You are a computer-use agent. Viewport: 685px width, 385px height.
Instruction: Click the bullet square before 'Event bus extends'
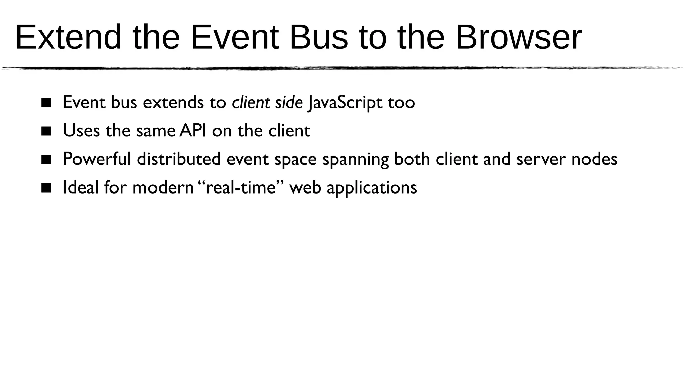(x=46, y=103)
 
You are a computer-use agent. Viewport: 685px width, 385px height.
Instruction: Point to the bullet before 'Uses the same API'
(x=46, y=131)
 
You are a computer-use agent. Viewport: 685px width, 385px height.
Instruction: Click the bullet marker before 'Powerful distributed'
(x=46, y=159)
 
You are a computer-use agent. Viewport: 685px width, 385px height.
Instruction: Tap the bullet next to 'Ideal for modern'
(x=46, y=188)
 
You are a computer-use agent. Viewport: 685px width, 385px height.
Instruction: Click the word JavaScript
(x=345, y=103)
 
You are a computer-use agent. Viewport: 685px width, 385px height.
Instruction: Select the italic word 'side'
(x=289, y=102)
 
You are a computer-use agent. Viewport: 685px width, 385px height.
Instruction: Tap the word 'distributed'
(x=179, y=159)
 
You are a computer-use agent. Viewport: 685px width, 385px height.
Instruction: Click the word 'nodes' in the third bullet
(x=594, y=159)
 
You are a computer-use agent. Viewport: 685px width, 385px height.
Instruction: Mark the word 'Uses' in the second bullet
(x=81, y=131)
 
